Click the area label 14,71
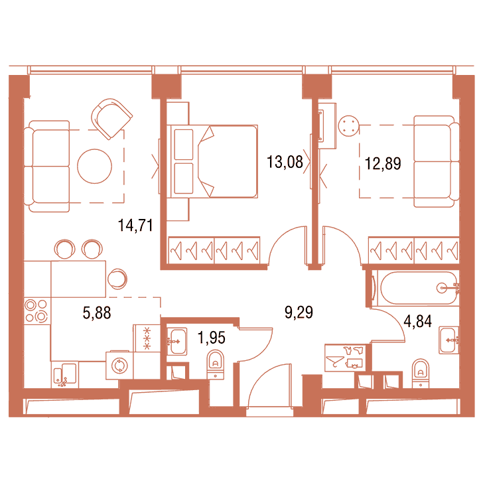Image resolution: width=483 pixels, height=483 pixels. pos(135,225)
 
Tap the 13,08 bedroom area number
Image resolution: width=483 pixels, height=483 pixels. pos(285,162)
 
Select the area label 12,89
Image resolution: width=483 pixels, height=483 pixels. pos(383,164)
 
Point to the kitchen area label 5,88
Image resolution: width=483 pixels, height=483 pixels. pos(97,312)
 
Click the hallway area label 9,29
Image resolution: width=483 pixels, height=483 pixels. pos(299,312)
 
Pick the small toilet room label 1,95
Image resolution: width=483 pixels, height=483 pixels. pos(211,338)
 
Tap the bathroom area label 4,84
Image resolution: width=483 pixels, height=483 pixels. pos(418,321)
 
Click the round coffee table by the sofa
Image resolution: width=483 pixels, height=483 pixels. pos(94,167)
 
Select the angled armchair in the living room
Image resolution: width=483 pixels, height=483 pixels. pos(111,119)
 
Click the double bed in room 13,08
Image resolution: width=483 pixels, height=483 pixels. pos(212,161)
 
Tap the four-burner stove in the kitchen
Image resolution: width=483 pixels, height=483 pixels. pos(36,310)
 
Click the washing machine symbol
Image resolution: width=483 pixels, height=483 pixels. pos(119,366)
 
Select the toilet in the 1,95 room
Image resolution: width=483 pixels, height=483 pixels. pos(216,364)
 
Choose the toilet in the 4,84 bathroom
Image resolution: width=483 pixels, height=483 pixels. pos(421,373)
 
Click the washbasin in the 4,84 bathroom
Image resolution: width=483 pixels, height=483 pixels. pos(448,340)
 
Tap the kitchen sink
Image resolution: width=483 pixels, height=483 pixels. pos(65,374)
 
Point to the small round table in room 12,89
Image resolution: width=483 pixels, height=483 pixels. pos(349,125)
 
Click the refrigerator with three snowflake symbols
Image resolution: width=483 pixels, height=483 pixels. pos(147,338)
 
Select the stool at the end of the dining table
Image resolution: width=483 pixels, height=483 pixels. pos(117,279)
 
